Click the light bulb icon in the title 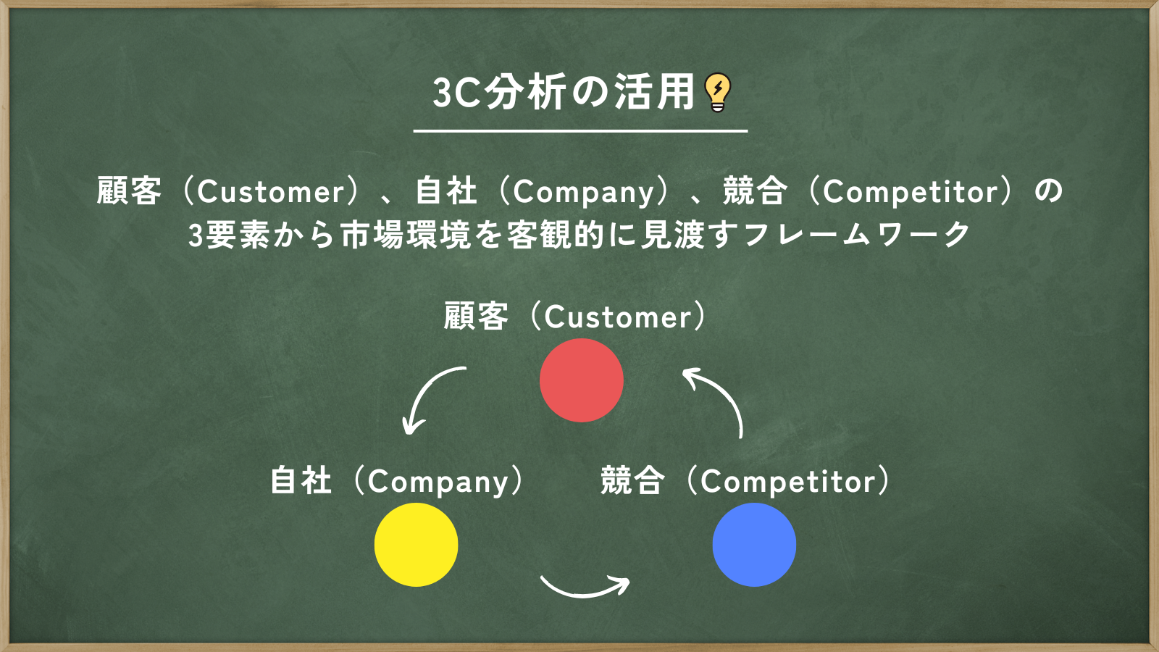[718, 93]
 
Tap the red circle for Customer [582, 380]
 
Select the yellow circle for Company [416, 545]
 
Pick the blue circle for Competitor [754, 545]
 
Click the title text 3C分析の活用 [564, 92]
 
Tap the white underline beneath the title [580, 131]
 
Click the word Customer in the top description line [271, 192]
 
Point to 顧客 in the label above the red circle [476, 316]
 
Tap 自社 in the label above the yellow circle [301, 481]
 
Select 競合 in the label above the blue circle [632, 481]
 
